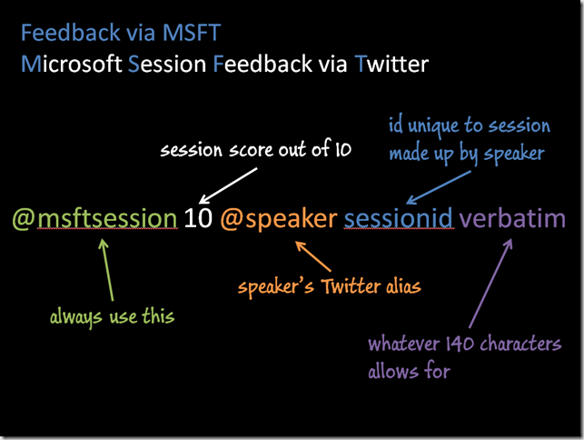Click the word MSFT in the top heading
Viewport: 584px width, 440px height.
192,33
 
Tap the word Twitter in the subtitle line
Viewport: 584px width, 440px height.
391,64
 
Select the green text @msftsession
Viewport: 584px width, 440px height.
95,219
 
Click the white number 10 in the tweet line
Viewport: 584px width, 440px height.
198,218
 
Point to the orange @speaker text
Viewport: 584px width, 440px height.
279,220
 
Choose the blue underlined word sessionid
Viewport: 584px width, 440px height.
398,218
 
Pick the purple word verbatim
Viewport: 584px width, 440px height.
512,218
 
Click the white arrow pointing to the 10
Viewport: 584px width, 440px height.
228,185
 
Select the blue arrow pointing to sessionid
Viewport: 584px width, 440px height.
439,187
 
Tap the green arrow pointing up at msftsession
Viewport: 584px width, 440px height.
106,270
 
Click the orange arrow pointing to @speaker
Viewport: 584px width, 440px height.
312,256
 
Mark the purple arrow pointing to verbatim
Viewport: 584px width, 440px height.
490,283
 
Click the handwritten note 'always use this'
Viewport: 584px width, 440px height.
112,317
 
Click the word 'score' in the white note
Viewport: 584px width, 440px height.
251,150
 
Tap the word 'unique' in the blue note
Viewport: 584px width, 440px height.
433,126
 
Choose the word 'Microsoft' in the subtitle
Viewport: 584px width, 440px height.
72,64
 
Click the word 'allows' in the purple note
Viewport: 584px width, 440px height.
392,371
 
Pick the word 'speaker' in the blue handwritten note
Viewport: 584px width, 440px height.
514,154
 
